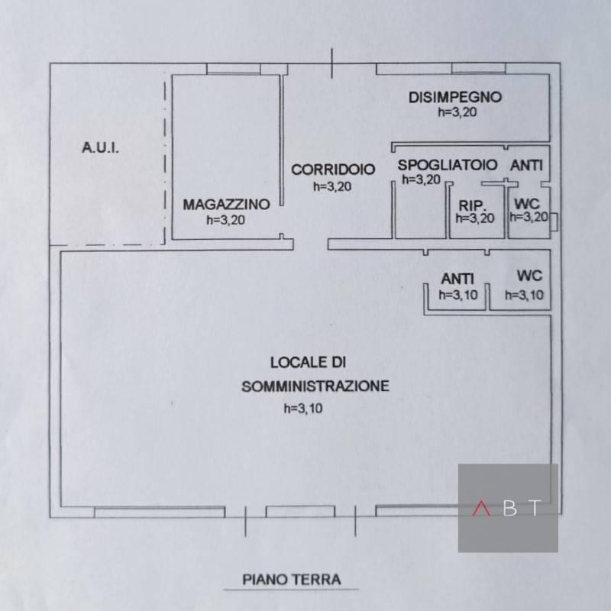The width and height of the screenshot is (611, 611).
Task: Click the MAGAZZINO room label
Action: pos(226,204)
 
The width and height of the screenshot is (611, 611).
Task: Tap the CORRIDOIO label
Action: pos(333,170)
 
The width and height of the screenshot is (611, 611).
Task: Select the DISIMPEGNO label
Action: pos(455,97)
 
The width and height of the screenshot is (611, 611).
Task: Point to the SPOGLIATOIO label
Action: pos(448,165)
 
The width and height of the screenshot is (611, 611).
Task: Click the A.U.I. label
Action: pos(100,147)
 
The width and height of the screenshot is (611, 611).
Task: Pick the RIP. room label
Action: pos(472,205)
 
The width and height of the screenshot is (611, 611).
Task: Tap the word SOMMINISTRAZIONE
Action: pos(315,386)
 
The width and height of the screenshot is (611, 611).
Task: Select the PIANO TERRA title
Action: pos(292,580)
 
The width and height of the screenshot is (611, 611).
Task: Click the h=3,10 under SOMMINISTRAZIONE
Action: pos(303,409)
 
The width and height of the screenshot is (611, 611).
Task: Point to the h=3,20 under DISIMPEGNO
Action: pos(457,112)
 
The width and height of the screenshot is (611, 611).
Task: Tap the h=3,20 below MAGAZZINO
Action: pos(225,220)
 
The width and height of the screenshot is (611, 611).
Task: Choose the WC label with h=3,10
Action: pos(529,276)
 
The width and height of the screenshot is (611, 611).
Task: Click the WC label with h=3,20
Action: pos(527,203)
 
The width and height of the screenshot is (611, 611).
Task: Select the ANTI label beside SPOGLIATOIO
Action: pos(526,166)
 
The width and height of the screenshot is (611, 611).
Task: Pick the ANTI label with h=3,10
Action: pos(457,279)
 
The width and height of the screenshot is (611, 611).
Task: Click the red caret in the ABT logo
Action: pos(481,508)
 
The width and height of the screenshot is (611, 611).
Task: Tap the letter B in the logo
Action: pos(509,508)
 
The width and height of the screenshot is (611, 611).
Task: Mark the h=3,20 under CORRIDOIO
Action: pos(332,186)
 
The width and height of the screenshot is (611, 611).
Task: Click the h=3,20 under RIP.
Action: pos(475,218)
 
